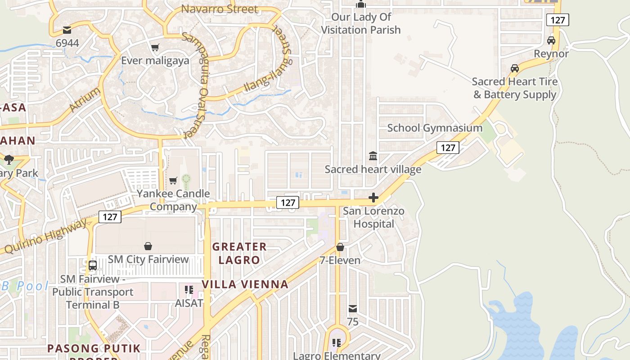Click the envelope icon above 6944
coord(67,30)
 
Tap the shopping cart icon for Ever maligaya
coord(155,47)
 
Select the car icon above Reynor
coord(551,40)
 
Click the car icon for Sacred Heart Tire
coord(514,68)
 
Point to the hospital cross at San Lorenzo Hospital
coord(373,198)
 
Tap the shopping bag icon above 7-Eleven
coord(340,247)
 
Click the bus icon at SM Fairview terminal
coord(92,265)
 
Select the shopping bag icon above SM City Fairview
coord(148,246)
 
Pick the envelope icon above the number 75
coord(353,309)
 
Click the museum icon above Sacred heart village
coord(373,156)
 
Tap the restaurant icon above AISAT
coord(189,289)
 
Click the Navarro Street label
coord(220,9)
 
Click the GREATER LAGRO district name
coord(239,253)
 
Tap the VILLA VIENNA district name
coord(245,284)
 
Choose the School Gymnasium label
coord(435,128)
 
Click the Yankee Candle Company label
coord(173,200)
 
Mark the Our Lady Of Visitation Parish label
coord(361,23)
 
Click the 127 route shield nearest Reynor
coord(558,20)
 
